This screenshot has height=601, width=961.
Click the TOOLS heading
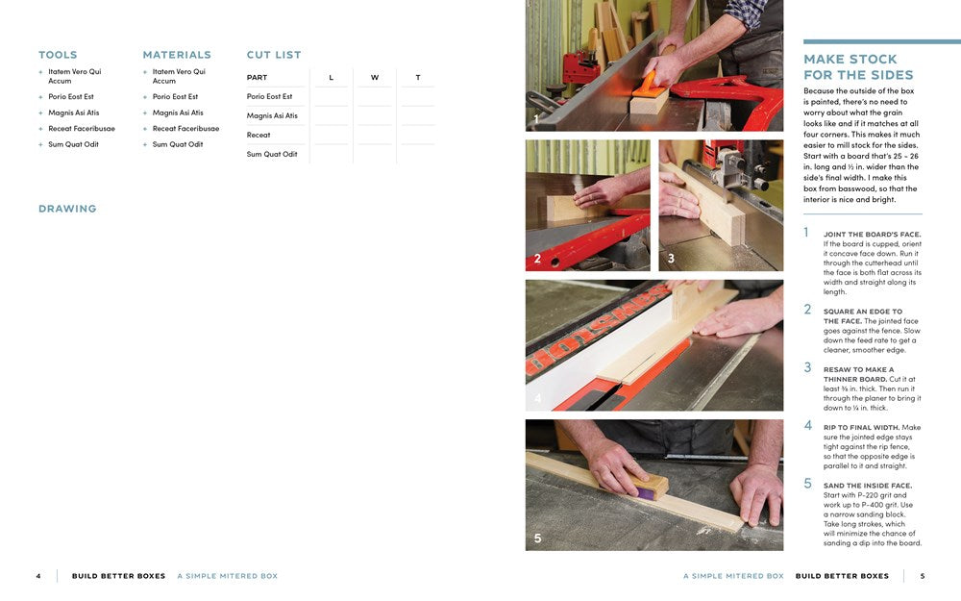pyautogui.click(x=58, y=55)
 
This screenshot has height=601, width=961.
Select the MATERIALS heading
pyautogui.click(x=177, y=55)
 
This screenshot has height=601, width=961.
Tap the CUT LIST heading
pyautogui.click(x=274, y=55)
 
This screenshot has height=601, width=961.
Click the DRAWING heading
pyautogui.click(x=67, y=209)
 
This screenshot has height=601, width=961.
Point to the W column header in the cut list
pyautogui.click(x=375, y=77)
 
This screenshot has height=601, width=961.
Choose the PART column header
pyautogui.click(x=257, y=77)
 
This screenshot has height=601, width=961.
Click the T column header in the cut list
pyautogui.click(x=418, y=77)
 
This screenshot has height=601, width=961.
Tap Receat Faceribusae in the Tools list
pyautogui.click(x=82, y=129)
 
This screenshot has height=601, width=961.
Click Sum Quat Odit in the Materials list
pyautogui.click(x=178, y=145)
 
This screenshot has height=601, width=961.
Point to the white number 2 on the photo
pyautogui.click(x=537, y=259)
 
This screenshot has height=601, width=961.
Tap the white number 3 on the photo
pyautogui.click(x=671, y=259)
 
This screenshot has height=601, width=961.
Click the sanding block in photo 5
pyautogui.click(x=651, y=486)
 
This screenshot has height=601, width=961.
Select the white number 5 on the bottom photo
pyautogui.click(x=537, y=538)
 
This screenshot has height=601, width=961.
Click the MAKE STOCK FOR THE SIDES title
pyautogui.click(x=858, y=67)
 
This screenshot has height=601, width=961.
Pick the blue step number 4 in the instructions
pyautogui.click(x=808, y=426)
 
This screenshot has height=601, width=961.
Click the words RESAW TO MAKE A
pyautogui.click(x=858, y=370)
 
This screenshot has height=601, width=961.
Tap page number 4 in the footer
pyautogui.click(x=38, y=576)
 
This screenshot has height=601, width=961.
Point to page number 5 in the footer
pyautogui.click(x=923, y=576)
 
